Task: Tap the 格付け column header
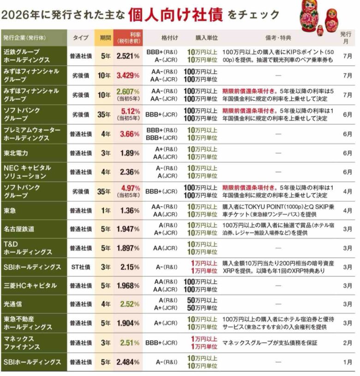coord(169,38)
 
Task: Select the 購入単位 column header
coord(206,38)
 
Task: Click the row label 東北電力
coord(16,153)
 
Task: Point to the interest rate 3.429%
coord(128,76)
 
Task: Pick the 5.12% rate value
coord(130,111)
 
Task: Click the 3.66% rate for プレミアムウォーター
coord(130,134)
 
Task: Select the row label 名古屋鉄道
coord(19,229)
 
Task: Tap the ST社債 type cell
coord(81,267)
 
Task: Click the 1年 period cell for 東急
coord(106,211)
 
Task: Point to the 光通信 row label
coord(13,304)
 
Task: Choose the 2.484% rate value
coord(128,362)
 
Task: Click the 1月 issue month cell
coord(347,362)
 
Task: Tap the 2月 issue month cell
coord(347,343)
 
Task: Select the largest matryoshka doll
coord(311,16)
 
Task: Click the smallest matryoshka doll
coord(320,30)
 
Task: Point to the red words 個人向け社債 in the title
coord(175,15)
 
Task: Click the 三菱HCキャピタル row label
coord(30,285)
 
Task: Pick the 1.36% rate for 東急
coord(130,211)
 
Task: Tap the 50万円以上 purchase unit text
coord(202,300)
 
